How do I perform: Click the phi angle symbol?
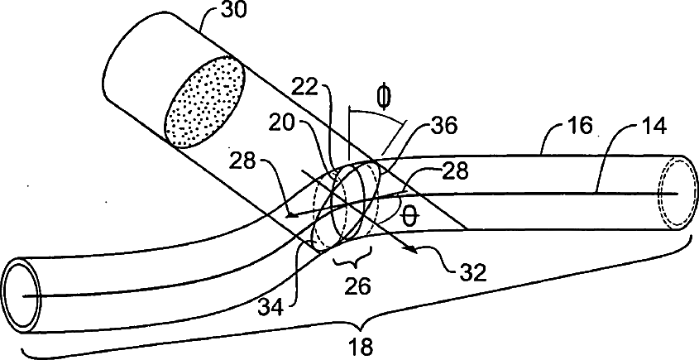click(x=382, y=98)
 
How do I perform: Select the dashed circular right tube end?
click(x=674, y=192)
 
